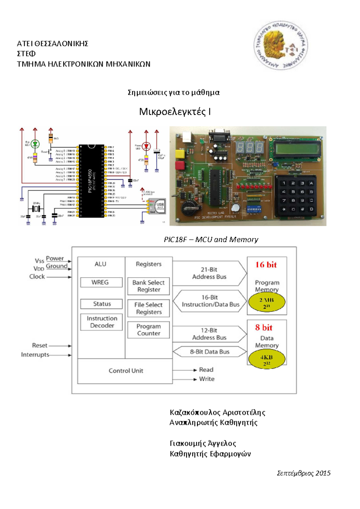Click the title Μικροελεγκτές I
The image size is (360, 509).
[x=175, y=112]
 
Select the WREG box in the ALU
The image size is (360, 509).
[x=101, y=282]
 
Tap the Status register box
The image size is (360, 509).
[x=101, y=304]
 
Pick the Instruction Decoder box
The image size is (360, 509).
[x=101, y=322]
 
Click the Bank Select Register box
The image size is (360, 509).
[x=148, y=286]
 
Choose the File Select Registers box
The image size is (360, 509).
[x=148, y=308]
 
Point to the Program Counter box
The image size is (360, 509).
[x=148, y=330]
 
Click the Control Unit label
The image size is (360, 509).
[x=126, y=371]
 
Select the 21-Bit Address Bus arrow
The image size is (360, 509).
[x=209, y=273]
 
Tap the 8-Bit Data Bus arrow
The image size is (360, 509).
[x=210, y=352]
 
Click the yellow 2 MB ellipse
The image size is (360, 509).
[x=267, y=302]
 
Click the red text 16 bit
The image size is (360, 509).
[x=266, y=265]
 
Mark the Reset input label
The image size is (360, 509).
[x=40, y=346]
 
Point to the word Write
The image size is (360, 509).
[x=207, y=379]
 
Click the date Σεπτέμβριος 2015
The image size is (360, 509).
[x=303, y=473]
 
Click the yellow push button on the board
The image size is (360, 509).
[x=180, y=154]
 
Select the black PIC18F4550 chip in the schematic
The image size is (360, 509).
[x=91, y=181]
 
